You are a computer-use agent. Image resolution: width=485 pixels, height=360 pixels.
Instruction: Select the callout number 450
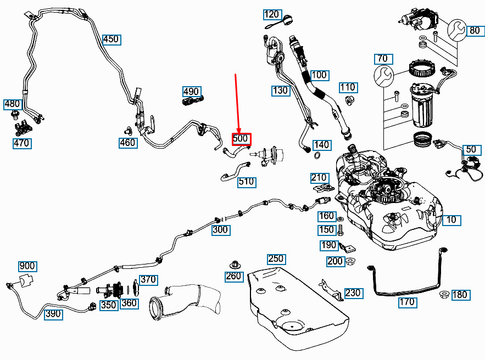click(x=111, y=40)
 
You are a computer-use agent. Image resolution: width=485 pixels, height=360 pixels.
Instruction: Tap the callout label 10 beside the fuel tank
click(x=451, y=221)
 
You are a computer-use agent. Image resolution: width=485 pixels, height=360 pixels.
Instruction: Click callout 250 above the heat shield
click(x=276, y=258)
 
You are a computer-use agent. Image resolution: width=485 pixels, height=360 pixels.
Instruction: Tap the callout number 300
click(x=221, y=230)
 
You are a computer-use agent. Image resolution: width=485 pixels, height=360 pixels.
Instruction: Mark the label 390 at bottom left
click(x=53, y=314)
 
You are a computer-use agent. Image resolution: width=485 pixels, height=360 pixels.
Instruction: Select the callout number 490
click(x=191, y=91)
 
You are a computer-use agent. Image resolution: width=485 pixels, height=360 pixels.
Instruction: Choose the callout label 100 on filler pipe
click(x=319, y=75)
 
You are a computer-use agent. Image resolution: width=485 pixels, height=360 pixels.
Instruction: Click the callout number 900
click(x=27, y=267)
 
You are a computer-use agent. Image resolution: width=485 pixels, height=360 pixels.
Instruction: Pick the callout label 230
click(x=353, y=292)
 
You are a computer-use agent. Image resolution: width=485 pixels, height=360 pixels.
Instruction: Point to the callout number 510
click(x=247, y=181)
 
